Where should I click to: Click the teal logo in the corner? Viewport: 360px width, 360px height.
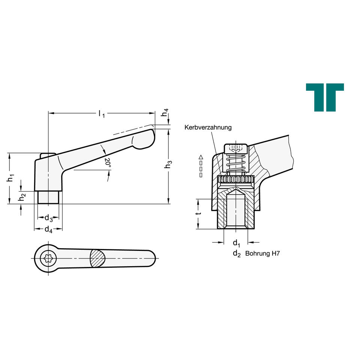pyautogui.click(x=325, y=97)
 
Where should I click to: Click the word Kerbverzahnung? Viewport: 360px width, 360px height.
pyautogui.click(x=208, y=127)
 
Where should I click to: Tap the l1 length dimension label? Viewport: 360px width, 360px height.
pyautogui.click(x=102, y=113)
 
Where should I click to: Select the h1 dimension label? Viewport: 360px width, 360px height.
pyautogui.click(x=10, y=178)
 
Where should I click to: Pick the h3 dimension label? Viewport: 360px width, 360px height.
pyautogui.click(x=168, y=164)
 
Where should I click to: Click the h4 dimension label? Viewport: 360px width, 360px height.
pyautogui.click(x=165, y=112)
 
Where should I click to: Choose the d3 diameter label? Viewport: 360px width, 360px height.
pyautogui.click(x=49, y=218)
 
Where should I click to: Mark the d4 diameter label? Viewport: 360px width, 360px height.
pyautogui.click(x=49, y=229)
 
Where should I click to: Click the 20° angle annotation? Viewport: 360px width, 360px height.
pyautogui.click(x=108, y=162)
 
